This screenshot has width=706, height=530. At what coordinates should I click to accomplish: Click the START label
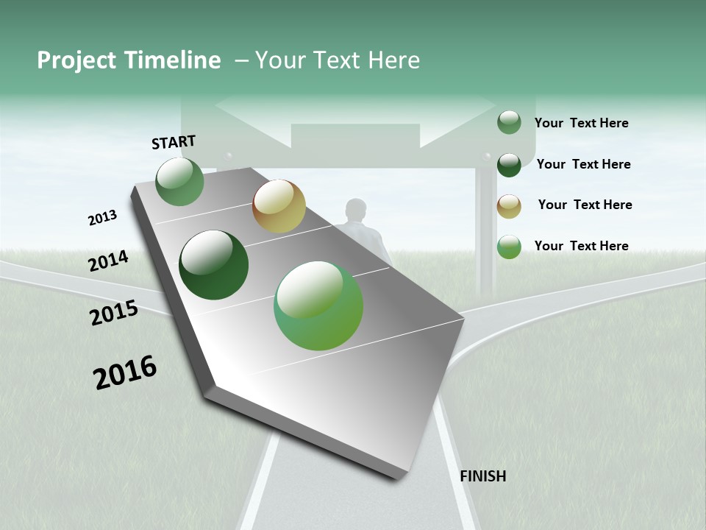[x=174, y=141]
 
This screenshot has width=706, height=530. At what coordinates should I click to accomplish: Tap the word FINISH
[x=482, y=476]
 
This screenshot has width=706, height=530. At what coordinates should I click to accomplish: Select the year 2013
[x=102, y=218]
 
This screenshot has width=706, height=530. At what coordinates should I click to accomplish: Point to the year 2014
[x=108, y=261]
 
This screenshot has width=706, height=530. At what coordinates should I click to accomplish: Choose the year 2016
[x=125, y=372]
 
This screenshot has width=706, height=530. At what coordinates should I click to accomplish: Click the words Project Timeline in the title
[x=129, y=60]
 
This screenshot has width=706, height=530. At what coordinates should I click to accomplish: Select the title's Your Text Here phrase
[x=338, y=60]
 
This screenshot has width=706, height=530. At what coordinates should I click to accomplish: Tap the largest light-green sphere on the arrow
[x=318, y=305]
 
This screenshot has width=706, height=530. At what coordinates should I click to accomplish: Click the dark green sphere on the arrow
[x=214, y=265]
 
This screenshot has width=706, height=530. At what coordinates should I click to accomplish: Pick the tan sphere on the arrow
[x=279, y=206]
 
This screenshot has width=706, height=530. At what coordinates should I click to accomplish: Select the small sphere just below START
[x=180, y=182]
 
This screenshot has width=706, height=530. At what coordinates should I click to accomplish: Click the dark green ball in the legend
[x=509, y=165]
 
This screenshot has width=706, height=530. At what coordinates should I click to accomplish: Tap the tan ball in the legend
[x=509, y=206]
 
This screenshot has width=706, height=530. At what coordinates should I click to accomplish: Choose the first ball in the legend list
[x=509, y=122]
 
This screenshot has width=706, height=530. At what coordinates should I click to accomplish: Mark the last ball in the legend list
[x=509, y=247]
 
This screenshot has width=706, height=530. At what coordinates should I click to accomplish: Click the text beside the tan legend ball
[x=585, y=205]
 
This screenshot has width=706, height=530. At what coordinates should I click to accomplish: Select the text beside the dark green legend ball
[x=583, y=164]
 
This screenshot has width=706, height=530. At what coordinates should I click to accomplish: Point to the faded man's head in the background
[x=357, y=209]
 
